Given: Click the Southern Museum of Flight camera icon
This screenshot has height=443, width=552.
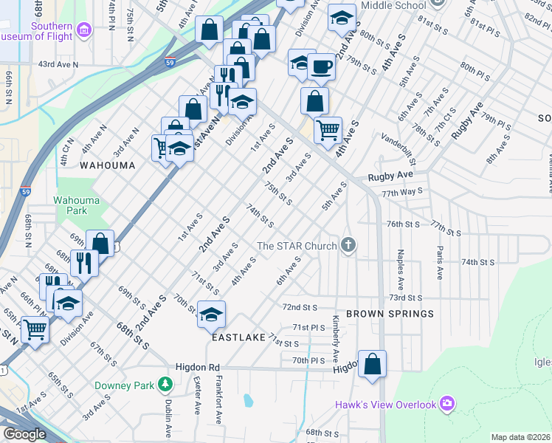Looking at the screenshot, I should coord(83,30).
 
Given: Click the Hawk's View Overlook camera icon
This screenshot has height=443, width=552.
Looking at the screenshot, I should coord(446,403).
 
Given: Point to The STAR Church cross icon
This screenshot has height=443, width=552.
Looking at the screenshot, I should coord(348,245).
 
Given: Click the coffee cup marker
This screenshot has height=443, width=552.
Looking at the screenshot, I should coord(322,67).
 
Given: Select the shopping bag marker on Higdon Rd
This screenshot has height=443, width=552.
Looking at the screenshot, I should coord(373,363).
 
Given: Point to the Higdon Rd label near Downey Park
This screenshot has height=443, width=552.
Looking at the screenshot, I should coord(198,367).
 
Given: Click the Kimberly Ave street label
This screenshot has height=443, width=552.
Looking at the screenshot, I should coord(336,329).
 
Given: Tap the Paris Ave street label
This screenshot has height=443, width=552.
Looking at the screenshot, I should coord(440,262).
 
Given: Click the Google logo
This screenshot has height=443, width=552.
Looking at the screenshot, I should coord(24,434).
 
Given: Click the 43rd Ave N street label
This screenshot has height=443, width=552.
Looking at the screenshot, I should coord(58,64).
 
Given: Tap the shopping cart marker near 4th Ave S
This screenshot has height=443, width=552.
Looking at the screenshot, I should coord(328,130).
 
